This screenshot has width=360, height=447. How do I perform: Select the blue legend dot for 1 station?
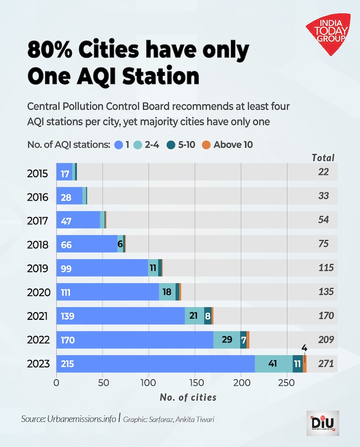[x=119, y=145]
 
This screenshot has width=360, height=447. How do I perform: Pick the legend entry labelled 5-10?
[x=182, y=145]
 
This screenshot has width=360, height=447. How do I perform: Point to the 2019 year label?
[x=37, y=268]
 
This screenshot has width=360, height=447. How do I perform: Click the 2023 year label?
[x=37, y=363]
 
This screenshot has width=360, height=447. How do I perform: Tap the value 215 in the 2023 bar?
[x=68, y=363]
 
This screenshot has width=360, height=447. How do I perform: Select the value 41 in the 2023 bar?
[x=273, y=363]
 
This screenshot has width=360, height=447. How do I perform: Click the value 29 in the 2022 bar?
[x=228, y=340]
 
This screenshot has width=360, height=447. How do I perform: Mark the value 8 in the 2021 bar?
[x=208, y=316]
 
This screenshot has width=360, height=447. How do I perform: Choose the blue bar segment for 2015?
[x=64, y=173]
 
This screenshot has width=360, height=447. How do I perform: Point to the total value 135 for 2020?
[x=326, y=292]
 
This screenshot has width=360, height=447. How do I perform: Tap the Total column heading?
[x=323, y=157]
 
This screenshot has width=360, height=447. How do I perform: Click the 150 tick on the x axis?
[x=195, y=383]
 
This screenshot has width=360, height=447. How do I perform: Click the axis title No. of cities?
[x=188, y=397]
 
